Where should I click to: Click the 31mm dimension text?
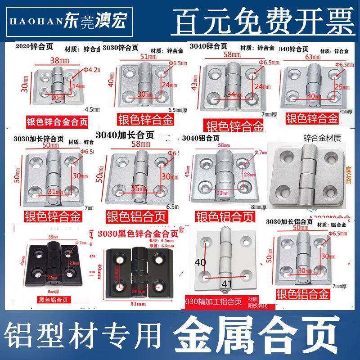53,192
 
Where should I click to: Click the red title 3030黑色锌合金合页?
137,234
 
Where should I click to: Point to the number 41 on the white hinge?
226,283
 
